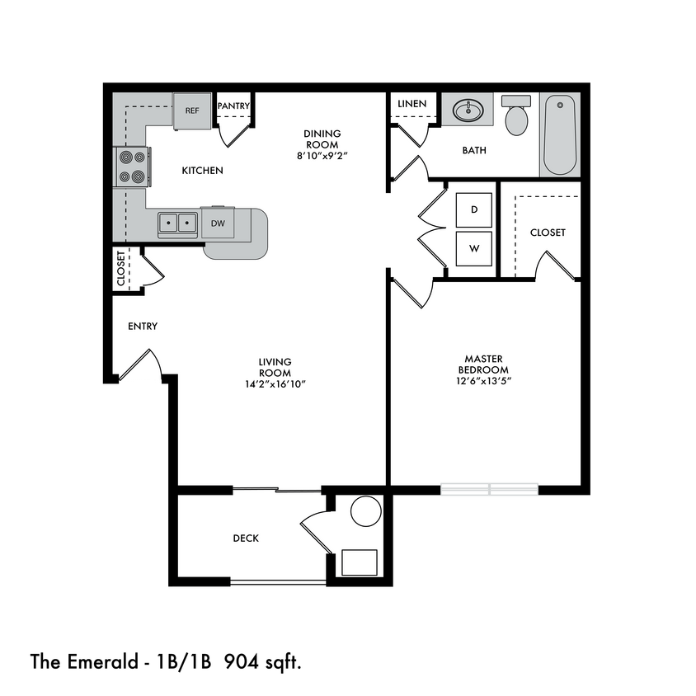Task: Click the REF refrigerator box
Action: (x=191, y=111)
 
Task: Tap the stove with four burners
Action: (x=132, y=166)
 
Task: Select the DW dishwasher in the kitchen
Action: (x=219, y=223)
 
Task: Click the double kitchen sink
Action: (x=178, y=222)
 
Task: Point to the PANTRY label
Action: (x=233, y=106)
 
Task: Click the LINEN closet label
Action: (x=411, y=104)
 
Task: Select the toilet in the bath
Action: (x=517, y=117)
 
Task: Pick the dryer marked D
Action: (x=474, y=209)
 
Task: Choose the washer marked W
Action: (x=474, y=248)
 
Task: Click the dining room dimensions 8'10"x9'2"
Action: (x=322, y=156)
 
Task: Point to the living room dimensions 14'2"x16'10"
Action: (x=275, y=384)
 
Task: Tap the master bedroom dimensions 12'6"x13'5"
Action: (x=484, y=381)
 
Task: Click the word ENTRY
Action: (x=143, y=327)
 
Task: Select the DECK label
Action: (x=246, y=538)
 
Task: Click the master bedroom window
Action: (x=490, y=489)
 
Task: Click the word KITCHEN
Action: (x=202, y=171)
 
